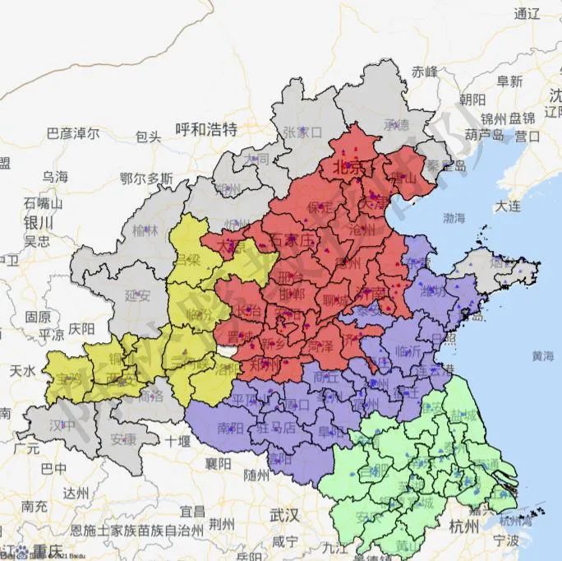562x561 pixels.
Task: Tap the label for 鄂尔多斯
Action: click(x=146, y=178)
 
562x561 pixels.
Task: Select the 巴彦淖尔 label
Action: click(x=73, y=132)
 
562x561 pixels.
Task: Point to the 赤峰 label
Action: click(x=426, y=72)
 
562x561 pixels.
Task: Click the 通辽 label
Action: click(x=527, y=14)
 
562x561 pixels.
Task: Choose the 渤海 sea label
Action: click(x=454, y=218)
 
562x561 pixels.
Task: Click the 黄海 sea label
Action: click(x=542, y=356)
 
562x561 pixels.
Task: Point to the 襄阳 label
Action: click(x=218, y=463)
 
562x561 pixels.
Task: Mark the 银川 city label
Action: click(x=38, y=223)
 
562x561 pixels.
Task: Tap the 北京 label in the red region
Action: click(x=346, y=167)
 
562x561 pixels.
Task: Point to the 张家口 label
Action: click(x=302, y=132)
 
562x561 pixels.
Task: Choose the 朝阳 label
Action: click(x=472, y=100)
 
